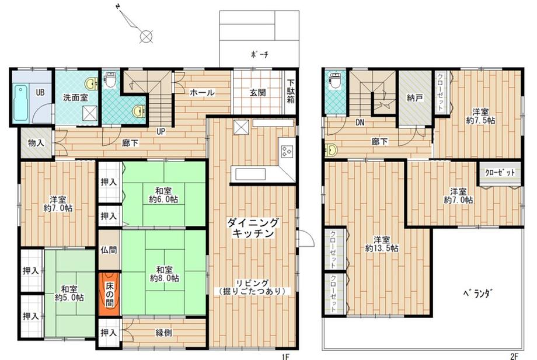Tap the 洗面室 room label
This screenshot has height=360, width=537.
click(x=75, y=98)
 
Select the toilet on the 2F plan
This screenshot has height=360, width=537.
click(x=334, y=81)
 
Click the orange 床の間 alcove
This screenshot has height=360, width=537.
click(x=109, y=293)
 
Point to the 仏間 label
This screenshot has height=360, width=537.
click(x=109, y=250)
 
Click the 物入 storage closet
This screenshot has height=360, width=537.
click(x=36, y=143)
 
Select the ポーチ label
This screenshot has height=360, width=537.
click(x=260, y=54)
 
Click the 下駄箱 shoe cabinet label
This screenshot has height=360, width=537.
click(x=291, y=92)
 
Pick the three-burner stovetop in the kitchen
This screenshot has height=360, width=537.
click(x=287, y=151)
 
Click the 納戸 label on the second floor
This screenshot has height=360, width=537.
click(x=415, y=98)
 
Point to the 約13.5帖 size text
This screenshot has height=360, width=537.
click(x=382, y=248)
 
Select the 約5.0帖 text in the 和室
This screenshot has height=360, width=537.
click(x=69, y=298)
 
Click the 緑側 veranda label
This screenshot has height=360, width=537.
click(x=163, y=332)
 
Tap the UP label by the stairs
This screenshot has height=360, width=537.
click(x=161, y=131)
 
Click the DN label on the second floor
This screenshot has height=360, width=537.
click(x=360, y=122)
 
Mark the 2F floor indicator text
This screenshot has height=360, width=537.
click(x=514, y=356)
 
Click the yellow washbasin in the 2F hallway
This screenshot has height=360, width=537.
click(x=331, y=149)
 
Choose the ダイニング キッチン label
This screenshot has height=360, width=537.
click(x=253, y=228)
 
